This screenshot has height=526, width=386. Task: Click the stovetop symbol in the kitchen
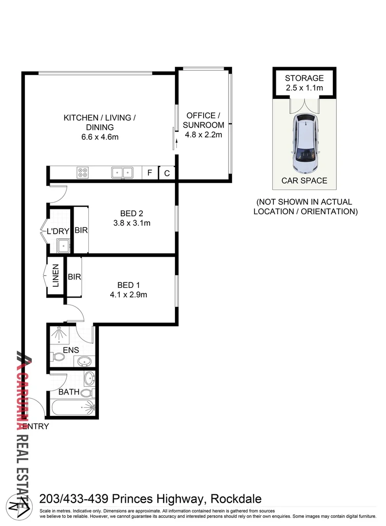(x=82, y=172)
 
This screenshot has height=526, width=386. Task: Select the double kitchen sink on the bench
(x=122, y=172)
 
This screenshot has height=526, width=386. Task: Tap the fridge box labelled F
(x=150, y=173)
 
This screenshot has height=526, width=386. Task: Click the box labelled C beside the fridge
(x=167, y=173)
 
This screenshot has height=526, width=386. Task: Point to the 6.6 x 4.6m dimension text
(x=99, y=137)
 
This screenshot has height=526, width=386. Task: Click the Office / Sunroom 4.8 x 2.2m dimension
(x=204, y=134)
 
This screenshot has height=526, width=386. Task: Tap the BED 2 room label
(x=131, y=213)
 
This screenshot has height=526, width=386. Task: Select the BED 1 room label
(x=129, y=285)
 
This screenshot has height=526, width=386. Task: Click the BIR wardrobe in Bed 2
(x=81, y=230)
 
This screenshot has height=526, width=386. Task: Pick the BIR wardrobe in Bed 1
(x=74, y=277)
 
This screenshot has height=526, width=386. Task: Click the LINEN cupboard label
(x=55, y=276)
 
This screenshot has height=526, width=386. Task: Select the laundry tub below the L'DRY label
(x=63, y=246)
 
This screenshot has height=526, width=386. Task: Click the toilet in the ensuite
(x=58, y=358)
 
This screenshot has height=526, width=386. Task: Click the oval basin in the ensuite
(x=84, y=361)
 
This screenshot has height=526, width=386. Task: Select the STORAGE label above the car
(x=304, y=78)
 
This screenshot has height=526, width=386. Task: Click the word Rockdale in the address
(x=237, y=499)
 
